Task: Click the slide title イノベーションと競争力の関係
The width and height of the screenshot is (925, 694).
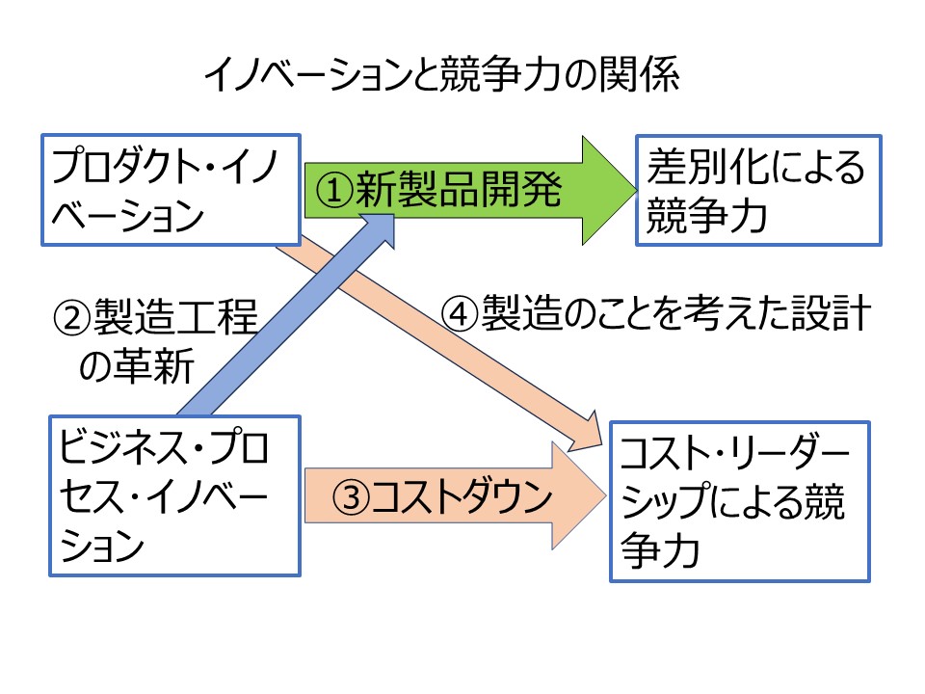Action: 441,74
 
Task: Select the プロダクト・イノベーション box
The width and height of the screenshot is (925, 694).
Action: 172,190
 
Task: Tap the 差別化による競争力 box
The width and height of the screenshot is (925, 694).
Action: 758,190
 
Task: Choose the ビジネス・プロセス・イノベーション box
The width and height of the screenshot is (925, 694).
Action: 175,495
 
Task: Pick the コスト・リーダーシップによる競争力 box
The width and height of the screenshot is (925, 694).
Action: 740,501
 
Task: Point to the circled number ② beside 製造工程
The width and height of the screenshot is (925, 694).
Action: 72,317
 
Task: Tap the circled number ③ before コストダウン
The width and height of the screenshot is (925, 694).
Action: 351,497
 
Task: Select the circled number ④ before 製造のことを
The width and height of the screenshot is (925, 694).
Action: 460,312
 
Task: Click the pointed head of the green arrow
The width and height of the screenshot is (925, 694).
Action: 635,191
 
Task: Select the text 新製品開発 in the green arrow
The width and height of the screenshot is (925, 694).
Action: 459,190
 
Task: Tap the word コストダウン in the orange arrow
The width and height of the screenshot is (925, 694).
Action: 462,496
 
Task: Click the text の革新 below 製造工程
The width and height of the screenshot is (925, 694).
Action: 136,366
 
